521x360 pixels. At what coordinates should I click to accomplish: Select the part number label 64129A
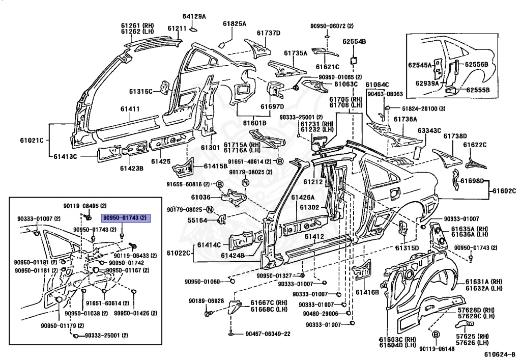click(195, 17)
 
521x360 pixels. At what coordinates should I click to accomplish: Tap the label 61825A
click(234, 23)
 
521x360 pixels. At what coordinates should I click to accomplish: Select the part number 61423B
click(132, 168)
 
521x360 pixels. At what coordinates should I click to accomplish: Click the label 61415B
click(215, 165)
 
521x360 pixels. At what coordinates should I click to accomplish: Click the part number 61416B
click(367, 292)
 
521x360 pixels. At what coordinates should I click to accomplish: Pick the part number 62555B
click(477, 90)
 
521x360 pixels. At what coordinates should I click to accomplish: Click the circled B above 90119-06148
click(436, 335)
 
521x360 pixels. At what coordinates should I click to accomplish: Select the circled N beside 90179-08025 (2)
click(245, 183)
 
